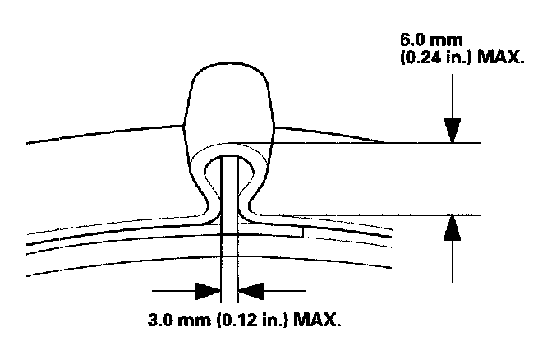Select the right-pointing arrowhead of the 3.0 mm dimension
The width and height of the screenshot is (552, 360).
click(x=206, y=290)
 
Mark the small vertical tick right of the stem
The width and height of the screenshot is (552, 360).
click(x=303, y=231)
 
